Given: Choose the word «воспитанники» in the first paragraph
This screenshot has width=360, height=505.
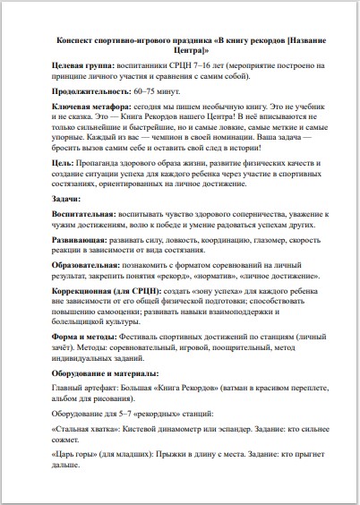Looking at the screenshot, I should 146,65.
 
